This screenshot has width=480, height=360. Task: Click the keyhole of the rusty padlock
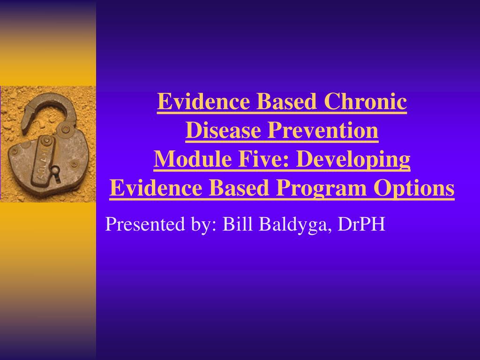(x=56, y=170)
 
